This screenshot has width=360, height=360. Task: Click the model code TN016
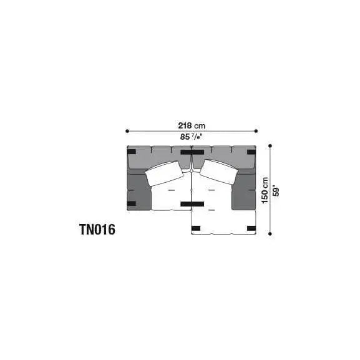point(97,230)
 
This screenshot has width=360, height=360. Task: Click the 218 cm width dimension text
point(192,124)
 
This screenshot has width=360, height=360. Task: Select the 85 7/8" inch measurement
point(192,137)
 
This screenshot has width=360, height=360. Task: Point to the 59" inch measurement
point(276,190)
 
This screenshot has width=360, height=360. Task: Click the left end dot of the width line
point(127,131)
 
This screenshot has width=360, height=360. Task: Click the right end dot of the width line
point(256,131)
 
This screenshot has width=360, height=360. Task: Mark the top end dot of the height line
point(270,145)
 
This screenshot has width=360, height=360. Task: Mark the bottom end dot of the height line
point(270,234)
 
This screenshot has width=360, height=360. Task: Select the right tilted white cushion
point(217,172)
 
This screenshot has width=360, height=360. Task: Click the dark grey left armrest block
point(138,190)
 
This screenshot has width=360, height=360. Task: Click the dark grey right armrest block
point(244,190)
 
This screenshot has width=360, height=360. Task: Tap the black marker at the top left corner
point(132,152)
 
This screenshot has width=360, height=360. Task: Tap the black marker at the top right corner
point(251,152)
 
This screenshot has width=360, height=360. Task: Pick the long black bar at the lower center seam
point(192,204)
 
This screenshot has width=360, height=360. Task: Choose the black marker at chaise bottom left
point(197,228)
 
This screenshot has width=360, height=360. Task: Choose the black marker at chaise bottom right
point(251,228)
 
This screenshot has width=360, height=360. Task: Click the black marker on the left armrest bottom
point(132,203)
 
